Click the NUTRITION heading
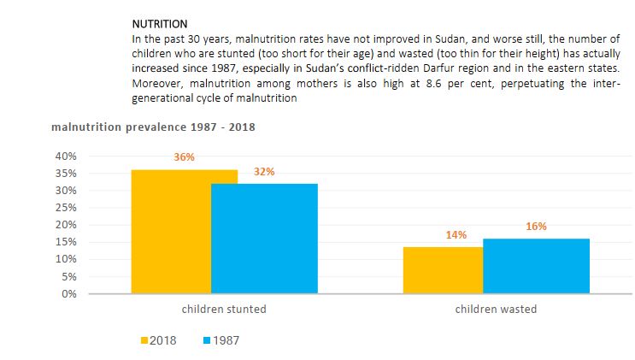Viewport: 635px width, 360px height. [160, 24]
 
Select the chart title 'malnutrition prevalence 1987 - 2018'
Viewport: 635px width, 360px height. [153, 127]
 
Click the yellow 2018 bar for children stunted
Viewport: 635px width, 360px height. [171, 231]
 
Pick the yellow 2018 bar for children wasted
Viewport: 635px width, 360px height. [443, 269]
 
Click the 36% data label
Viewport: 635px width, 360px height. [184, 157]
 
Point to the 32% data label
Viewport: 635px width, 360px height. [264, 171]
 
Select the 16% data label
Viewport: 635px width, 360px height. [536, 227]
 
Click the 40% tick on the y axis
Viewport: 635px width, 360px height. [66, 156]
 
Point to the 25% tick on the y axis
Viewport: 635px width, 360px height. [66, 208]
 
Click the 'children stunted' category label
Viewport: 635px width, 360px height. [224, 309]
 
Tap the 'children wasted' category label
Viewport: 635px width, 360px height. [496, 309]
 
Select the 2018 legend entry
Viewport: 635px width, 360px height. [158, 340]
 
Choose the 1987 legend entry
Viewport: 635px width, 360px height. [220, 340]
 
